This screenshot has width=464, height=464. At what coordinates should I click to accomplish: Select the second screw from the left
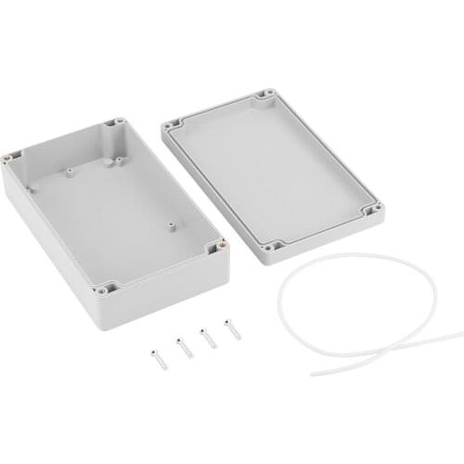(x=183, y=346)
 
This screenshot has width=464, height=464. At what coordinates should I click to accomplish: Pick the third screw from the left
(x=208, y=337)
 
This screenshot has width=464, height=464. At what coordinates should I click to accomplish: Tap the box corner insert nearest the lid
(x=221, y=247)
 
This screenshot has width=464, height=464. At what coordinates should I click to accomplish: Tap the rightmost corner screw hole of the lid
(x=370, y=211)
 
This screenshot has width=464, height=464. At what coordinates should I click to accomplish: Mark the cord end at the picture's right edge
(x=460, y=332)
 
